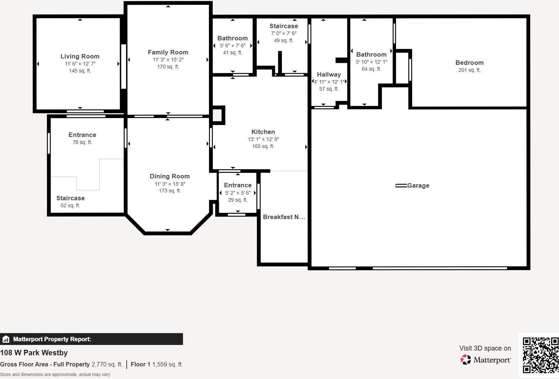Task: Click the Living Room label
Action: pyautogui.click(x=80, y=56)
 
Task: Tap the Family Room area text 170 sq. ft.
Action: pyautogui.click(x=168, y=67)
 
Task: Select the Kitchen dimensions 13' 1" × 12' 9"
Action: pyautogui.click(x=263, y=139)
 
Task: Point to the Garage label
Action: pyautogui.click(x=418, y=185)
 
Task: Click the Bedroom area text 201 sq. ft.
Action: pyautogui.click(x=469, y=70)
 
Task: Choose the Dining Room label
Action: pyautogui.click(x=170, y=176)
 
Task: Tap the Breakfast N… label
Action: pyautogui.click(x=284, y=217)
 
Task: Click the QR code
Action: pyautogui.click(x=540, y=355)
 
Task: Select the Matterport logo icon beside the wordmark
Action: pyautogui.click(x=466, y=359)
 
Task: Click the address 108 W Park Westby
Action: pyautogui.click(x=34, y=353)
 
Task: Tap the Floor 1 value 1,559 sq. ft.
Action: pyautogui.click(x=167, y=364)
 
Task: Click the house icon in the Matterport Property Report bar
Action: pyautogui.click(x=6, y=339)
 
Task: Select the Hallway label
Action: pyautogui.click(x=329, y=74)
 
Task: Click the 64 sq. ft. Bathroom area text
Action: pyautogui.click(x=371, y=69)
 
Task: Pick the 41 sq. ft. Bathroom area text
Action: pyautogui.click(x=232, y=53)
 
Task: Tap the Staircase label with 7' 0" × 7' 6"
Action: pyautogui.click(x=283, y=26)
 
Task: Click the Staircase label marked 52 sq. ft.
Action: pyautogui.click(x=70, y=198)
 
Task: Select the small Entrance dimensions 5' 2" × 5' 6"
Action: pyautogui.click(x=238, y=193)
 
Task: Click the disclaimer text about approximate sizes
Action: pyautogui.click(x=55, y=374)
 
